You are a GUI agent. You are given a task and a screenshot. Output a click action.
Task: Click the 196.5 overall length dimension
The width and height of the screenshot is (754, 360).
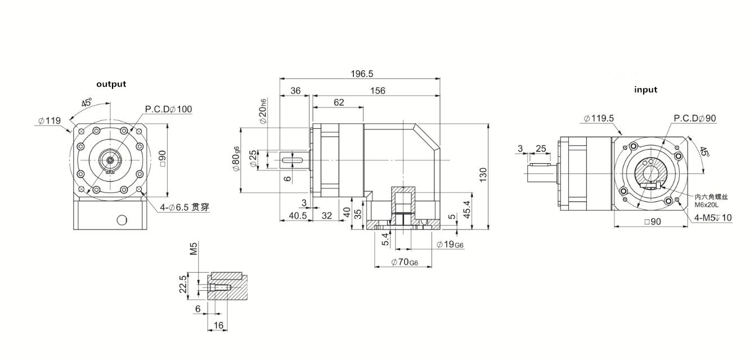tap(362, 74)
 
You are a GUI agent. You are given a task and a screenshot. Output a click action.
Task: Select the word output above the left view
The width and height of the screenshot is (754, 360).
tap(111, 84)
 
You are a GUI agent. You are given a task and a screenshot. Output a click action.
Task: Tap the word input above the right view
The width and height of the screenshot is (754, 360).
tap(645, 89)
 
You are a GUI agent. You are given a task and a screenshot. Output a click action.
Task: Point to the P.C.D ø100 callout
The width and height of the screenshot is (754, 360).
tap(168, 109)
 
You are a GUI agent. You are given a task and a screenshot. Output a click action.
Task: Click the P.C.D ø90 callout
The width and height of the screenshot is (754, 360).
tap(695, 118)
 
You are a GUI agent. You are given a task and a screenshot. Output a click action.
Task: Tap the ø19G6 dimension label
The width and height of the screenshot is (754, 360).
tap(450, 244)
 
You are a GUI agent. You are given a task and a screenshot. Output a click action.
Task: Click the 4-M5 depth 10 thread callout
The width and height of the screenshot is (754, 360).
tap(713, 218)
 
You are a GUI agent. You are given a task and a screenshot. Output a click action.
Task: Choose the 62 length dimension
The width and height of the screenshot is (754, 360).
tap(338, 102)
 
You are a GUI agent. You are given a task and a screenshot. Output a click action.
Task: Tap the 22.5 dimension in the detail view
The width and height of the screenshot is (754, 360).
tap(182, 285)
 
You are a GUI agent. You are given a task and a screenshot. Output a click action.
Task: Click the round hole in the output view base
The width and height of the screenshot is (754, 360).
tap(121, 219)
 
